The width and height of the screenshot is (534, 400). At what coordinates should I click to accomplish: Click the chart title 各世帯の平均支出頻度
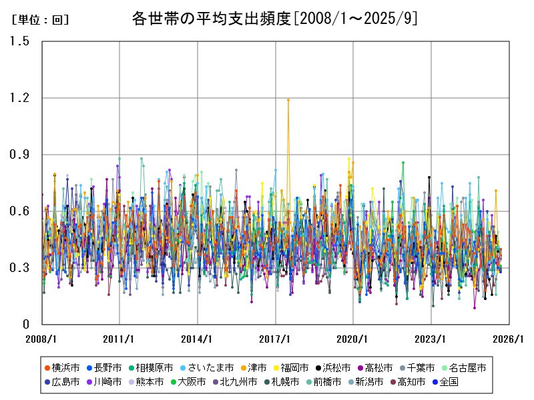pyautogui.click(x=275, y=19)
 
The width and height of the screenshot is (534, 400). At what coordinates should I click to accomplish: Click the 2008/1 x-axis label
pyautogui.click(x=41, y=339)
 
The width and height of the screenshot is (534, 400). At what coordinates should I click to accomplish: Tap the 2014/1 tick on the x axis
pyautogui.click(x=198, y=339)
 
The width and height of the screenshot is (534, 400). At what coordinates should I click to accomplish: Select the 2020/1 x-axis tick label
pyautogui.click(x=354, y=339)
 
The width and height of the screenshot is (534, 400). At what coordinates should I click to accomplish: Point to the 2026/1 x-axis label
pyautogui.click(x=509, y=339)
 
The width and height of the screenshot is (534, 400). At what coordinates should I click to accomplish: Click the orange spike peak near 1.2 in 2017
pyautogui.click(x=288, y=99)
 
